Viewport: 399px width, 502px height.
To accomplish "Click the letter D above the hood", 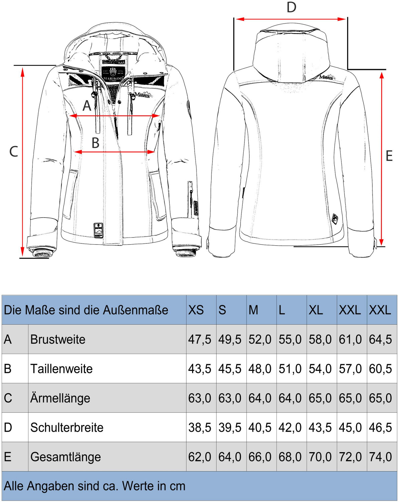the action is pos(291,7).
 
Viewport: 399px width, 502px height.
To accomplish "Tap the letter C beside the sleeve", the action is pos(13,152).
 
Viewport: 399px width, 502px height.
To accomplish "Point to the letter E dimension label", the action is pos(389,156).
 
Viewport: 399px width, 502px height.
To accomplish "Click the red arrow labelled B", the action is pos(114,152).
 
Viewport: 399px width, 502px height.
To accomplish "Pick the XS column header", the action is pos(196,310).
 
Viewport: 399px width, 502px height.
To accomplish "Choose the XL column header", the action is pos(316,310).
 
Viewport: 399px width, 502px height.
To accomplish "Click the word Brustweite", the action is pos(58,339).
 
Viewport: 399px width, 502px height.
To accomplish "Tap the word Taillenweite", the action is pos(61,369).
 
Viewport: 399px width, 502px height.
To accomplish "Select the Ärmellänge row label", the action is pos(60,398).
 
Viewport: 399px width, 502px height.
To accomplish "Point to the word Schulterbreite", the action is pos(67,427).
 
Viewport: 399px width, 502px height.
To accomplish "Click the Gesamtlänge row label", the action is pos(65,457).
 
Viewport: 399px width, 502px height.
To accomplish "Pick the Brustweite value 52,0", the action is pos(260,339).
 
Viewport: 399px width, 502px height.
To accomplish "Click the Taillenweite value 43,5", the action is pos(199,369).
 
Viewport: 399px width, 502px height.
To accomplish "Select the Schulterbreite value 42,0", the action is pos(290,427).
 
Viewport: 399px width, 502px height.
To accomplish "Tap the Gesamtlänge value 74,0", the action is pos(380,457).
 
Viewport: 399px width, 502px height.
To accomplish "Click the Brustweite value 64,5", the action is pos(380,339).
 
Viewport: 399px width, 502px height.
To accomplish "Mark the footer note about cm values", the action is pos(95,486).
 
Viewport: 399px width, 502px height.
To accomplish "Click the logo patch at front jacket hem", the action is pos(98,230).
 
